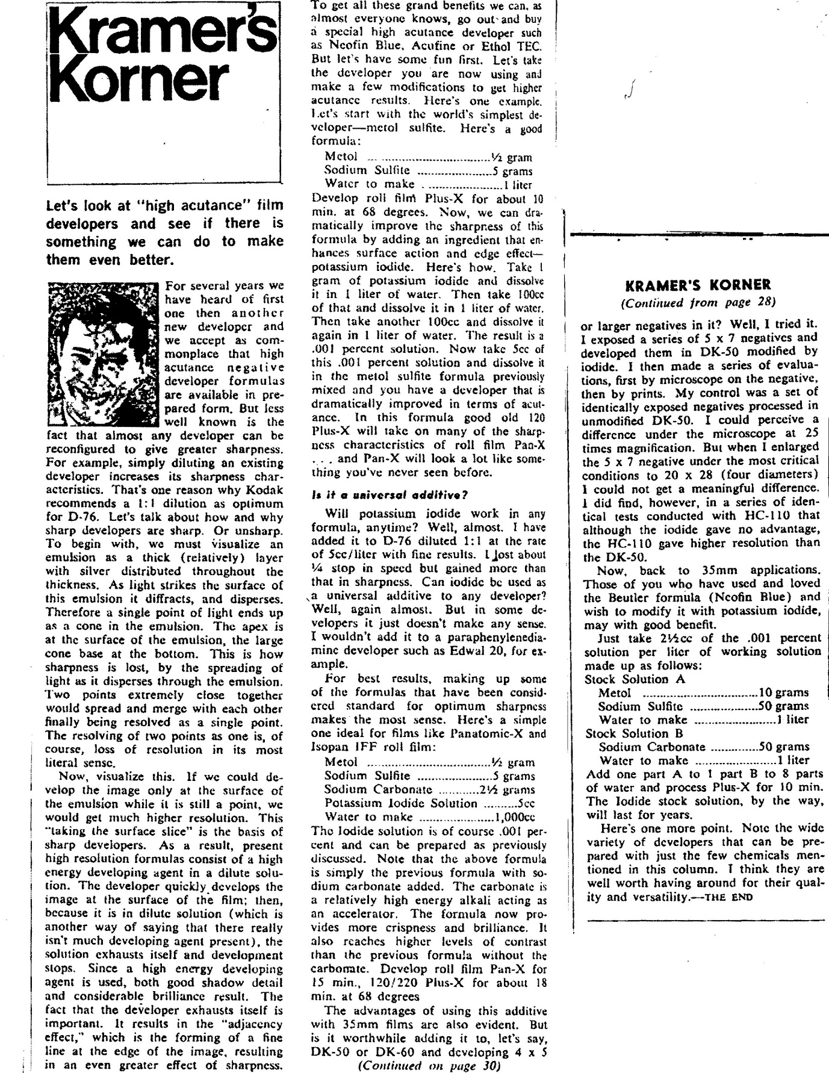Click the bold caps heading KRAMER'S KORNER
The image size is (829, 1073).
pos(698,285)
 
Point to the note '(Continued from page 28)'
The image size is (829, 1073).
pos(698,302)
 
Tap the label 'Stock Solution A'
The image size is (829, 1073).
pos(627,679)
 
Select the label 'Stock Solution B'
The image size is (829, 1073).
pos(627,733)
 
